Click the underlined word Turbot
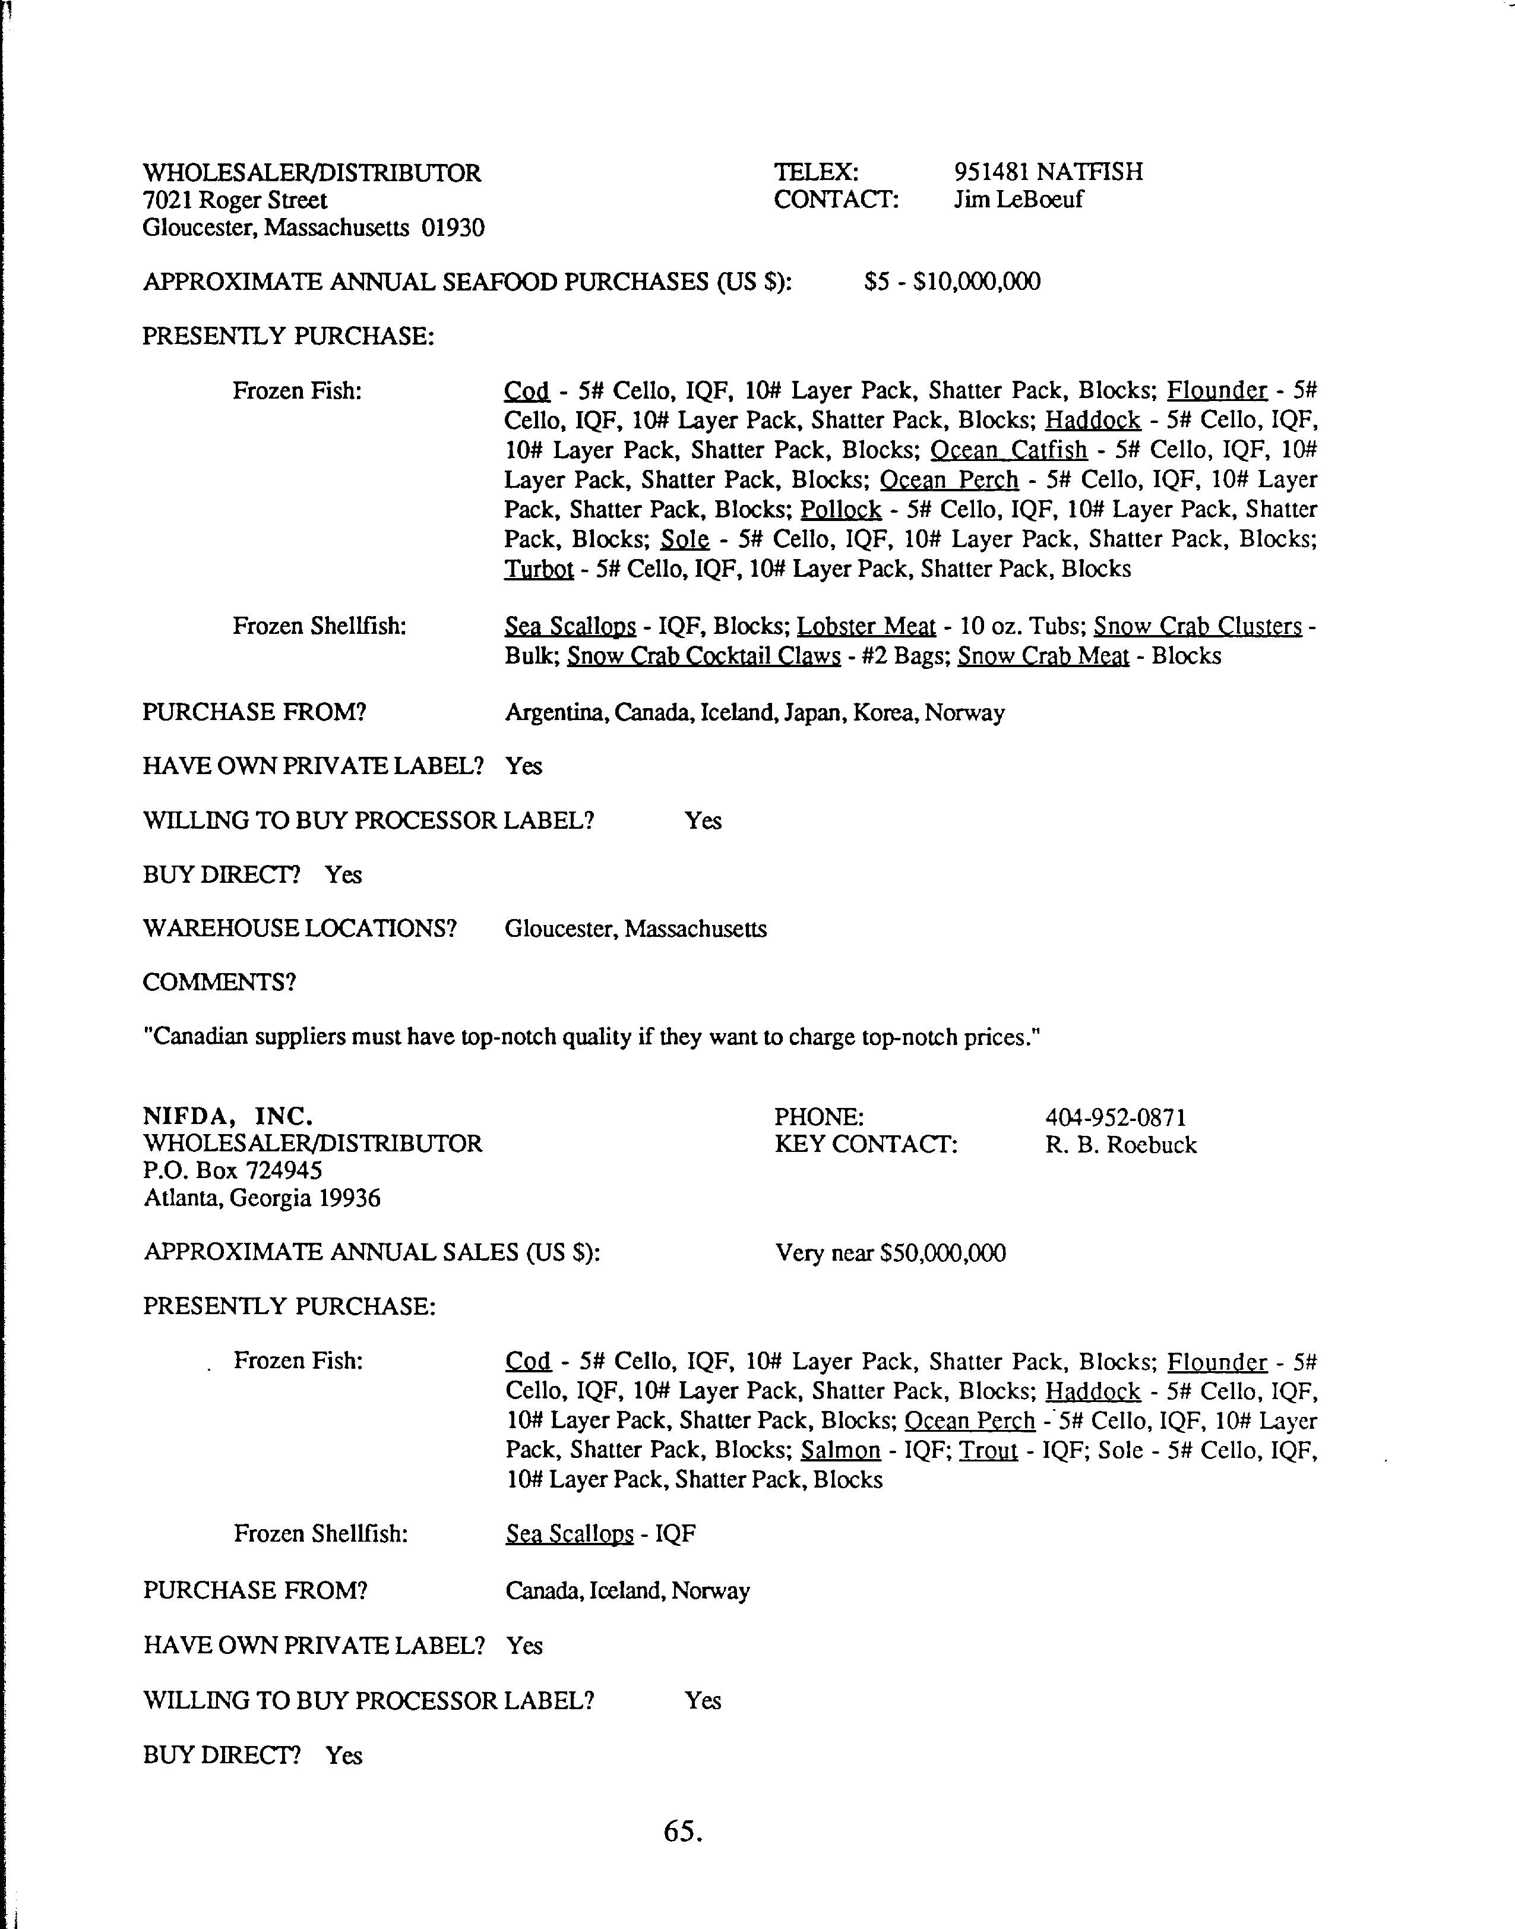(539, 569)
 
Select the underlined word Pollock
(840, 510)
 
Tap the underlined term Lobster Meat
(866, 626)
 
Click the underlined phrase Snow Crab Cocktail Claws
(703, 656)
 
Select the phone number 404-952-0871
(1115, 1117)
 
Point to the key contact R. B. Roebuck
(1120, 1145)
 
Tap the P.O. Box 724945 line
(232, 1170)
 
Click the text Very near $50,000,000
(890, 1253)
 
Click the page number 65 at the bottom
(681, 1830)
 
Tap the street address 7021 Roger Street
(235, 201)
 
